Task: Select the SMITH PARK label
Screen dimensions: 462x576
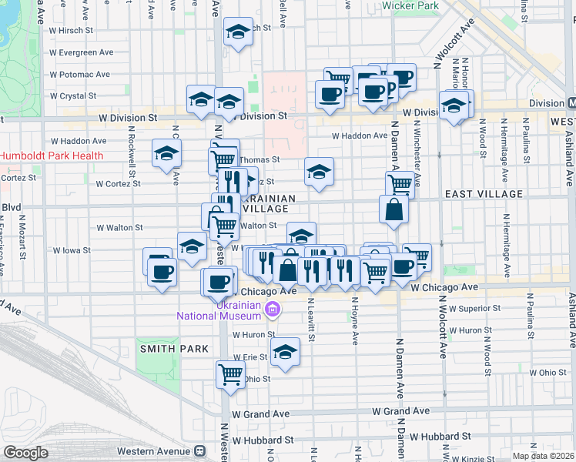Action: [174, 349]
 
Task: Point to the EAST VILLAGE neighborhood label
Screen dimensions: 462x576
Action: [483, 195]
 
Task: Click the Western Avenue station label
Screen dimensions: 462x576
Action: [153, 450]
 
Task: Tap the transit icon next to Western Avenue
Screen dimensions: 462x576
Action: [199, 450]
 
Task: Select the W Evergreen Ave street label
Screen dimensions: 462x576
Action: [81, 52]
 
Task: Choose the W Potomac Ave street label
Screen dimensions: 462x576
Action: [80, 75]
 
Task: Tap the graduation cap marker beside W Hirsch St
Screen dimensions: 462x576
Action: [238, 32]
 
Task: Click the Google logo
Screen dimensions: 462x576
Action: [25, 453]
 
